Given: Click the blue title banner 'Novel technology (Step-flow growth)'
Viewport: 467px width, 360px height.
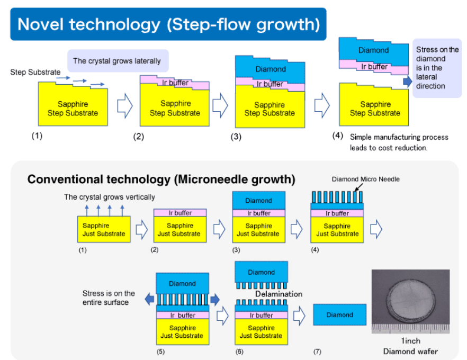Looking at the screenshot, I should click(168, 24).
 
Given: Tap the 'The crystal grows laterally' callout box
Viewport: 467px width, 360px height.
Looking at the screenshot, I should click(118, 61).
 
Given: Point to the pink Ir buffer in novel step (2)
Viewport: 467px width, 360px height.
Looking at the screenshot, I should click(175, 83).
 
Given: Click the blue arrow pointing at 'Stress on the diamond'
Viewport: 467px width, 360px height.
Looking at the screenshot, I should click(407, 82).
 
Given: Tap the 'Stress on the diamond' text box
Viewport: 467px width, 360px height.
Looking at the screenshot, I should click(437, 68).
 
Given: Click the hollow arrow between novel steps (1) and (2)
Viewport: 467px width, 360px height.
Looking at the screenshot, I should click(124, 106).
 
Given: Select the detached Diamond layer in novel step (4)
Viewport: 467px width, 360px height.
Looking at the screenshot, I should click(373, 50).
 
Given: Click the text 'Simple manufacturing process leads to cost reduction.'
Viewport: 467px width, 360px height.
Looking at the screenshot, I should click(399, 142).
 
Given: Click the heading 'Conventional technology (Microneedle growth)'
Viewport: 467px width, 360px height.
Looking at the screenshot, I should click(161, 179).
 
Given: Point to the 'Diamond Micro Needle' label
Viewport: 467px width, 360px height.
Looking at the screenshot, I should click(365, 179).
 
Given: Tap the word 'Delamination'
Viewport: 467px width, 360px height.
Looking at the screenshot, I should click(279, 294).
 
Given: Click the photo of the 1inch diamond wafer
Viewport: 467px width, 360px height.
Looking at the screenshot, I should click(410, 301).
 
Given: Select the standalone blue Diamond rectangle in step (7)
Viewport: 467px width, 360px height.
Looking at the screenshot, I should click(339, 315).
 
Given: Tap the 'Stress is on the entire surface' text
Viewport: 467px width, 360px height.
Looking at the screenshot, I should click(109, 298).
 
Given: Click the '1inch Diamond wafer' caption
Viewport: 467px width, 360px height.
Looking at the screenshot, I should click(411, 346).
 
